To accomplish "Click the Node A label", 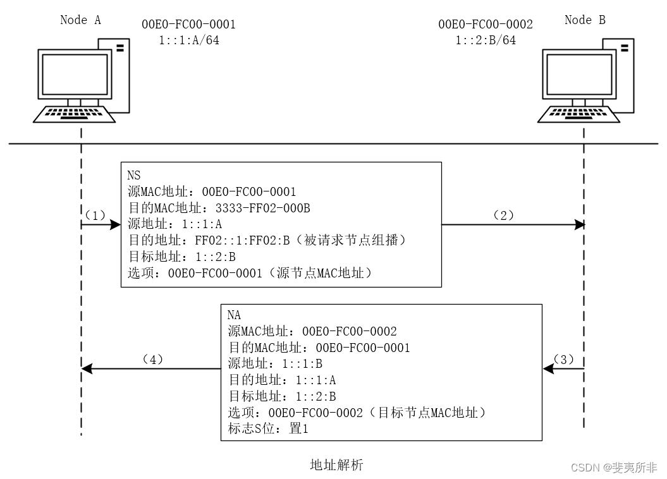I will pyautogui.click(x=80, y=20).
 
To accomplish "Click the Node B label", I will pyautogui.click(x=584, y=20).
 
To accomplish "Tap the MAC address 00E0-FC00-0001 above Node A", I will pyautogui.click(x=189, y=25).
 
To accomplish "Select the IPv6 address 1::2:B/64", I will pyautogui.click(x=485, y=40).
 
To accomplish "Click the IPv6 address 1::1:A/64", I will pyautogui.click(x=189, y=40).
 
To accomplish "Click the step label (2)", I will pyautogui.click(x=503, y=215).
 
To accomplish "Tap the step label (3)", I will pyautogui.click(x=564, y=359).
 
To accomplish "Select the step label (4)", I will pyautogui.click(x=152, y=359).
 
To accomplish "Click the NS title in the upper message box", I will pyautogui.click(x=134, y=174).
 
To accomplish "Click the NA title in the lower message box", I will pyautogui.click(x=234, y=315).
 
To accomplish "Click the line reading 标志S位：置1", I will pyautogui.click(x=267, y=429).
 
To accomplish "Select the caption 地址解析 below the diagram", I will pyautogui.click(x=336, y=466).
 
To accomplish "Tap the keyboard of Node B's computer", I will pyautogui.click(x=579, y=115).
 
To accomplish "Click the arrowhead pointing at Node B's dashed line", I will pyautogui.click(x=578, y=224).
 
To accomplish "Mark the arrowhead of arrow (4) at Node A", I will pyautogui.click(x=88, y=368).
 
